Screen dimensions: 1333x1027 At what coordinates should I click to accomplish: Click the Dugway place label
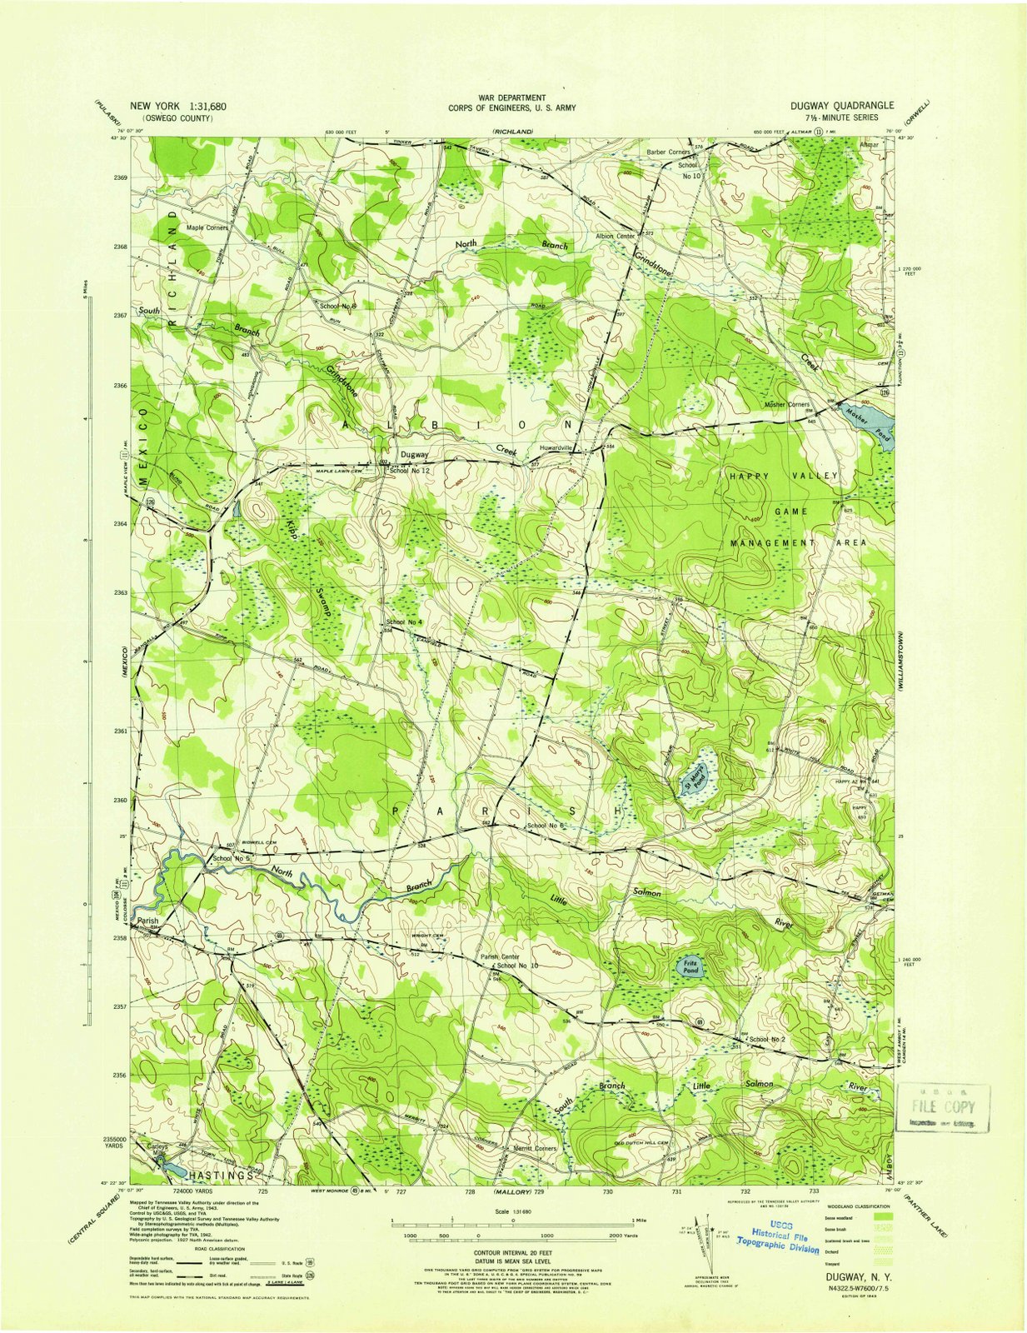click(x=414, y=455)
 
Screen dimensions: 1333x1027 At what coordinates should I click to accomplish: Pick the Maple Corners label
click(x=207, y=227)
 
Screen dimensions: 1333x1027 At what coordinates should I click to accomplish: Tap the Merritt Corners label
click(x=536, y=1148)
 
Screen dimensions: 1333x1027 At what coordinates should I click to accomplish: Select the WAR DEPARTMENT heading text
click(x=511, y=97)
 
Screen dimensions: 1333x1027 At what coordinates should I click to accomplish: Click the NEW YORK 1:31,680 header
click(x=177, y=107)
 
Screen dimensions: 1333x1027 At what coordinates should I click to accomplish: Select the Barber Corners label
click(x=668, y=152)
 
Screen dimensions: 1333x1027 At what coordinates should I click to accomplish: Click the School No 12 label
click(x=409, y=471)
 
